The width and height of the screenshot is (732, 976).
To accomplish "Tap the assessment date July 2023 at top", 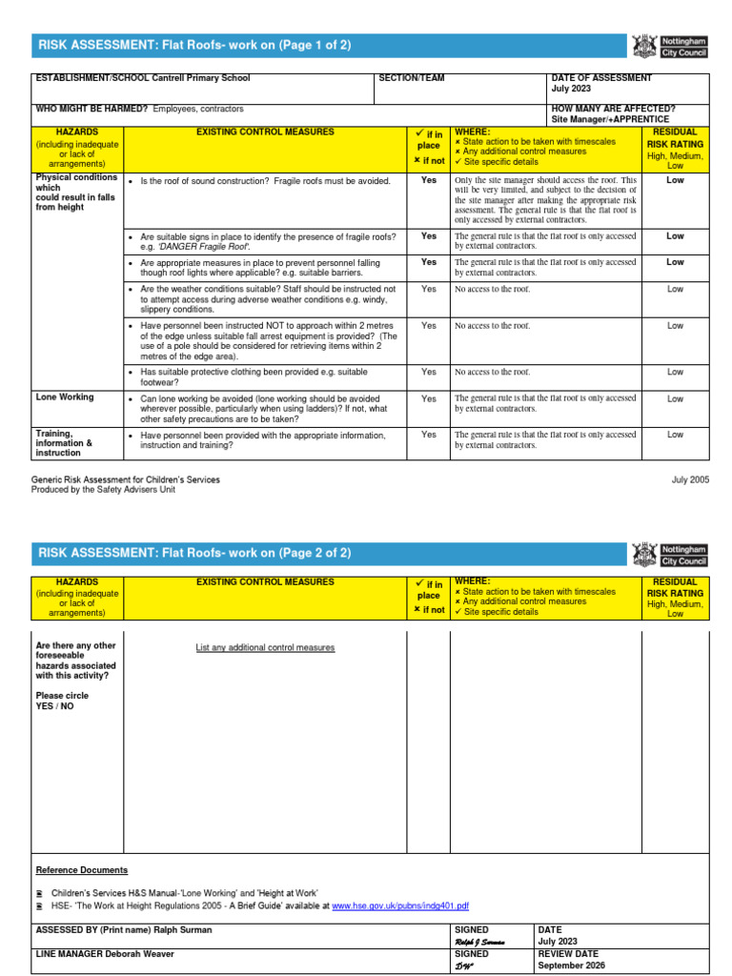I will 572,89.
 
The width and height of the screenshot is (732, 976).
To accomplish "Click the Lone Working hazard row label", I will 65,397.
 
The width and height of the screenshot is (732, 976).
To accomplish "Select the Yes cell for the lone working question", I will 429,399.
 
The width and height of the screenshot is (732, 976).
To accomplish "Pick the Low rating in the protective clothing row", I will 675,373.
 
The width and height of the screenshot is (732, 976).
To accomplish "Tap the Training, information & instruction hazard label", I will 64,443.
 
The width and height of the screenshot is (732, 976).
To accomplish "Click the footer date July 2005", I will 691,479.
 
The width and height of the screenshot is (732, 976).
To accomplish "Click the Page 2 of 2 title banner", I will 194,553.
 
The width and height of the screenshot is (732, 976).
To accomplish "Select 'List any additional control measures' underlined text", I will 265,648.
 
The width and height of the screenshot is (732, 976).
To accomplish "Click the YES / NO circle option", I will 54,706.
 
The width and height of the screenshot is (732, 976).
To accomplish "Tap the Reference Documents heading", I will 81,870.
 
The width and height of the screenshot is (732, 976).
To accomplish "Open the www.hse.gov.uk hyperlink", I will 400,906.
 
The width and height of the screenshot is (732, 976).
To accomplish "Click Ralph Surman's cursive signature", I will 480,942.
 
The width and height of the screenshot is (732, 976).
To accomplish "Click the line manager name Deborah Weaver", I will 132,954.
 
